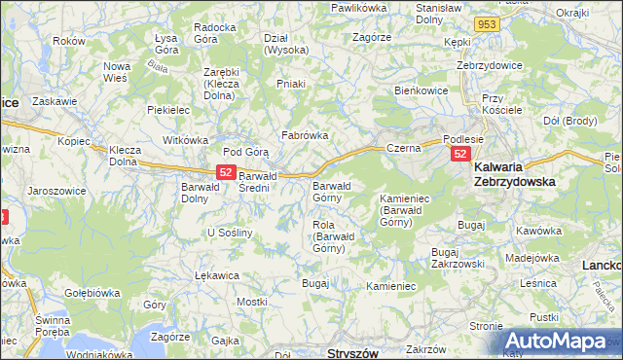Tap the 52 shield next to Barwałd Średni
pyautogui.click(x=225, y=172)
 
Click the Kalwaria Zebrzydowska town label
pyautogui.click(x=527, y=173)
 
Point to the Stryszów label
pyautogui.click(x=353, y=352)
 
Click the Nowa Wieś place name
pyautogui.click(x=118, y=73)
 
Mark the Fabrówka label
pyautogui.click(x=305, y=135)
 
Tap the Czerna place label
pyautogui.click(x=402, y=148)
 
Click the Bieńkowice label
pyautogui.click(x=420, y=90)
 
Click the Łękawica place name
pyautogui.click(x=217, y=275)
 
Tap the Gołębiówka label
pyautogui.click(x=92, y=291)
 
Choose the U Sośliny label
pyautogui.click(x=231, y=234)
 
